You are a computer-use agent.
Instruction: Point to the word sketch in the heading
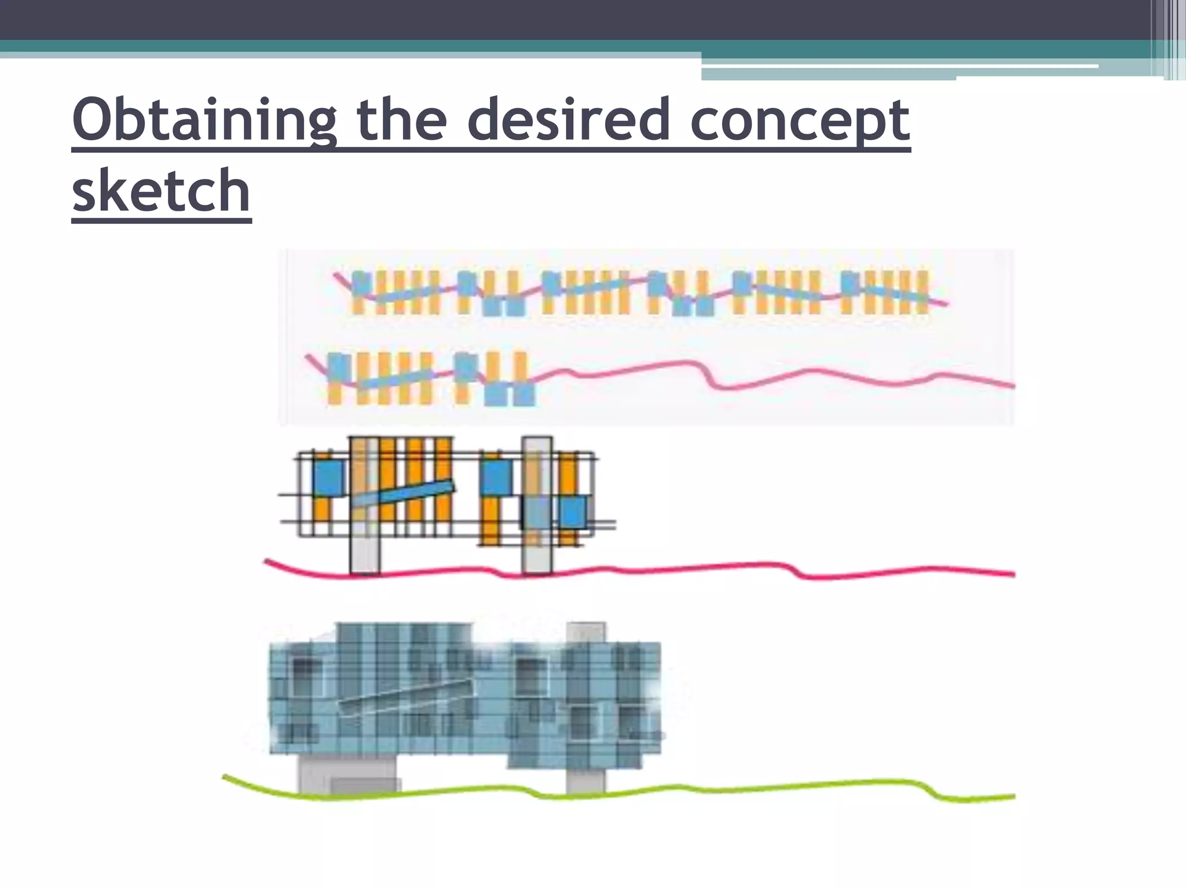point(161,191)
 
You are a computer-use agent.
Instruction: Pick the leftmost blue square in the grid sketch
point(328,478)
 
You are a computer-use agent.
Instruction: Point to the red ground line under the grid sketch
point(695,568)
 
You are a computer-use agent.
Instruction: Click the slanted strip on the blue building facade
point(405,698)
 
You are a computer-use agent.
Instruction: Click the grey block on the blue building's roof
point(586,631)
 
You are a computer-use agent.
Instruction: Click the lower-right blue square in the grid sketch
point(572,512)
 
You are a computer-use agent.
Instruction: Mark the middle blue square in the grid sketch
point(497,477)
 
